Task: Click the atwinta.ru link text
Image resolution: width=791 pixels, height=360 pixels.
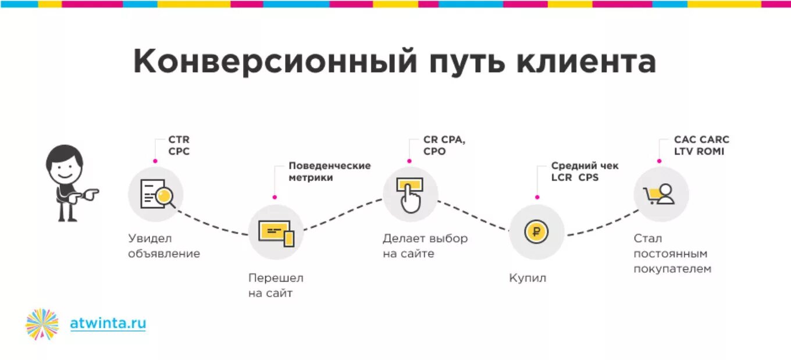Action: (108, 323)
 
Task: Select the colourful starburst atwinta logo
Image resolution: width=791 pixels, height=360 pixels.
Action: (42, 324)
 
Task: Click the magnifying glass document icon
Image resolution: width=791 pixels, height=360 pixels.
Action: (156, 194)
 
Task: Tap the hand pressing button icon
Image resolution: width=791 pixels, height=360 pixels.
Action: (410, 194)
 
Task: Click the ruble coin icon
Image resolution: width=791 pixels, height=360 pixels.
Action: (536, 232)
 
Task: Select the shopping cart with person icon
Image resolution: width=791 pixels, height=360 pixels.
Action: (661, 194)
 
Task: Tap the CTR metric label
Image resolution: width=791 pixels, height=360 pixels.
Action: (179, 140)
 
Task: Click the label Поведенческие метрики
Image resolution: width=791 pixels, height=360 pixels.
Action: (329, 172)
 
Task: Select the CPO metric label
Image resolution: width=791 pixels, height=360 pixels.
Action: (434, 151)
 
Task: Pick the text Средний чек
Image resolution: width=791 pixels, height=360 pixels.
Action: (585, 166)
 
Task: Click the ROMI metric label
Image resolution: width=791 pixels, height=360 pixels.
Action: (712, 151)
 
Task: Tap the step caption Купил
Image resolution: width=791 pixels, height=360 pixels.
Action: (528, 278)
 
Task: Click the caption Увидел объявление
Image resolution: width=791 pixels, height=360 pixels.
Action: (163, 246)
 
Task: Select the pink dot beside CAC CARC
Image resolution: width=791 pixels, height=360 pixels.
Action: (659, 161)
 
